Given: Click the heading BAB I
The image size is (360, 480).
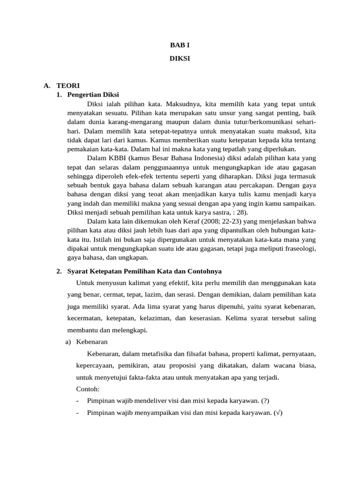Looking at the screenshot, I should pos(180,45).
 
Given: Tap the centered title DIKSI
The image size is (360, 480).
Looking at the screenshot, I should pos(180,59).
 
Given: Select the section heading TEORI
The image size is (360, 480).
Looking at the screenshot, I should pos(68,85).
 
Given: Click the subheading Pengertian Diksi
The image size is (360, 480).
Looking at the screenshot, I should pos(90,94).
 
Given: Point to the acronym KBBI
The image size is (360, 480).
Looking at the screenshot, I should pos(116,158).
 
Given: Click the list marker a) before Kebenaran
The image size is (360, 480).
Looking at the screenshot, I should pos(68,342).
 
